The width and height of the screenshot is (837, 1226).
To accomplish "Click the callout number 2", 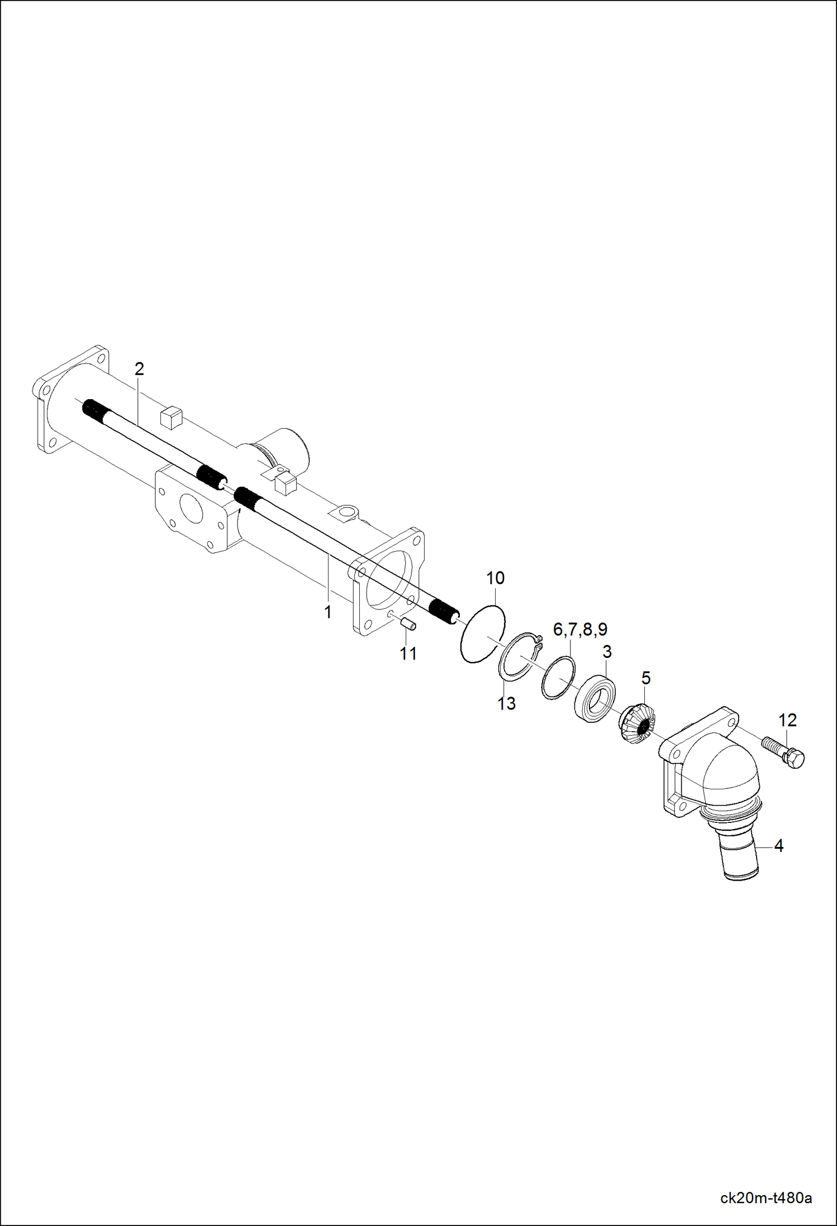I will [x=139, y=369].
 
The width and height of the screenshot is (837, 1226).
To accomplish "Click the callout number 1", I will [x=328, y=612].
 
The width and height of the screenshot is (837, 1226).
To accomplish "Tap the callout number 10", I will [x=495, y=578].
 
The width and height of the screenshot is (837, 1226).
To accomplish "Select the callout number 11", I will [x=408, y=653].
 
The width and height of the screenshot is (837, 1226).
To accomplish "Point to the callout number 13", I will [x=506, y=703].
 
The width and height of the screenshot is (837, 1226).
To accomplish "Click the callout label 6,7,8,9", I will [x=580, y=629].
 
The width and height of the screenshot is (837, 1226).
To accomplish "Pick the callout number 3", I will [x=607, y=651].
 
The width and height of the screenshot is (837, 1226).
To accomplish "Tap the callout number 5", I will [x=646, y=678].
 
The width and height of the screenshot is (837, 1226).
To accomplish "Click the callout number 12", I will [x=787, y=720].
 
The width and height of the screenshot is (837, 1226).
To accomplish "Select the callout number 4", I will [x=778, y=846].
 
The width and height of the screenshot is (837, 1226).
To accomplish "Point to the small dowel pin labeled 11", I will [x=410, y=624].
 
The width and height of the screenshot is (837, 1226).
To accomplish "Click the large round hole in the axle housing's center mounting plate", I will [x=191, y=509].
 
